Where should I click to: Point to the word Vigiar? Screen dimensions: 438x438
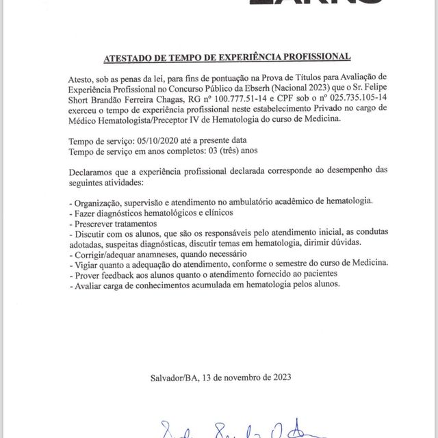tap(87, 263)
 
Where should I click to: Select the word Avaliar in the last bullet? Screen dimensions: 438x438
tap(88, 283)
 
